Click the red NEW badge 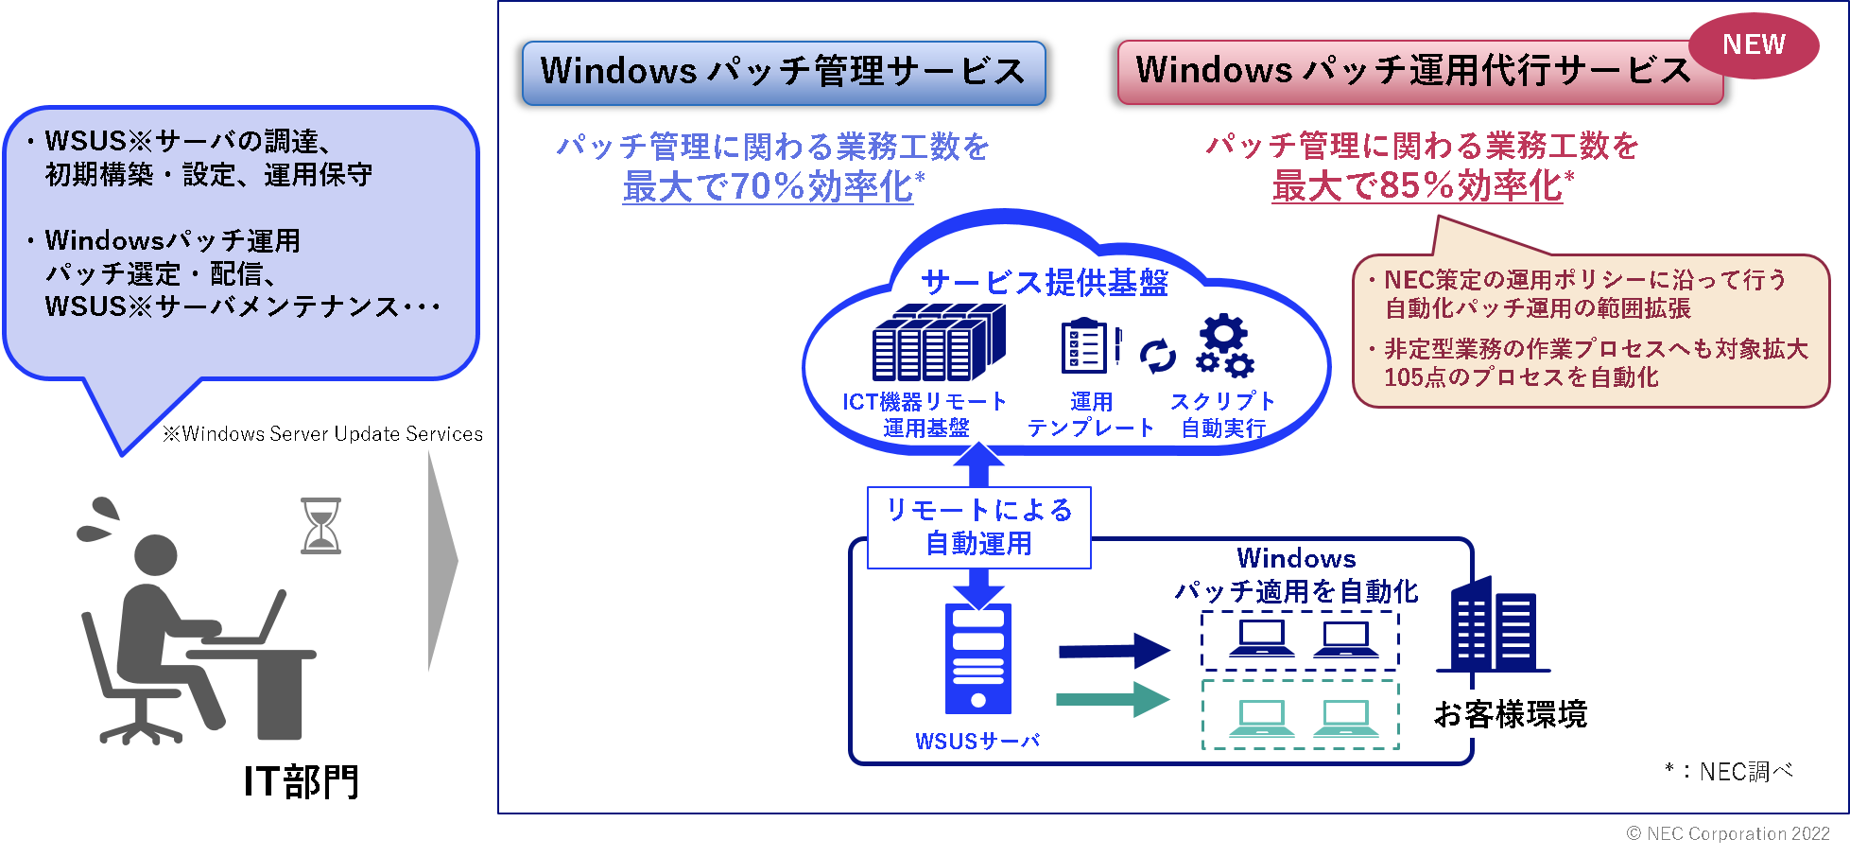1754,45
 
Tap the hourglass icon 320,526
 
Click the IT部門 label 302,781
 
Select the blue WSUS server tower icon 978,658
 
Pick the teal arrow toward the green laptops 1113,700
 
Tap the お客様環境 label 1510,714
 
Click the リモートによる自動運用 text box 978,527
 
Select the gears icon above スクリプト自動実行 1224,346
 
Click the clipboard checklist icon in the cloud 1085,347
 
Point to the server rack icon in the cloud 938,342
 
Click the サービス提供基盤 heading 1044,282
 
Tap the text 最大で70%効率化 769,186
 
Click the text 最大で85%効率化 1417,185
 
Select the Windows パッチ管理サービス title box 783,72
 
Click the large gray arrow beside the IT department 441,562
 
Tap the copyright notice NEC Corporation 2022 1727,833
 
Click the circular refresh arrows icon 1157,356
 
